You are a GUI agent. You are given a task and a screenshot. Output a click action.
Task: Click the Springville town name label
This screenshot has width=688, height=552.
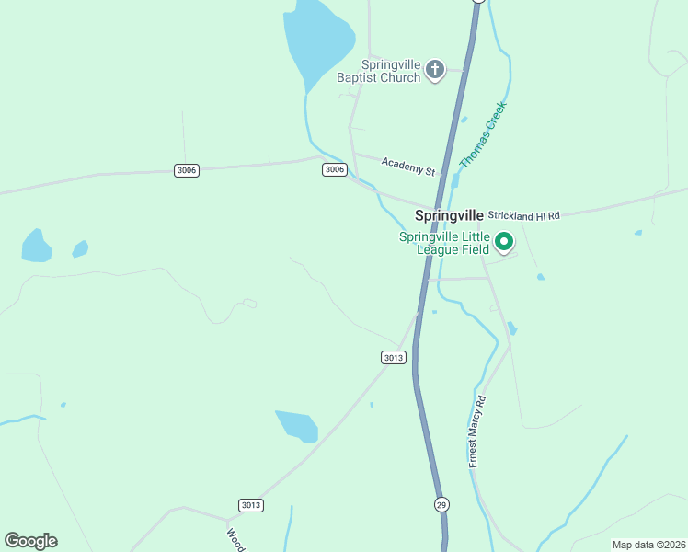tap(449, 215)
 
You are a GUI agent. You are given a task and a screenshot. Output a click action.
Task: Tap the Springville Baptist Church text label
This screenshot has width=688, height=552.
tap(391, 71)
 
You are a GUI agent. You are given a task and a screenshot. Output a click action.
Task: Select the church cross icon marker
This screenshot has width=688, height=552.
tap(435, 69)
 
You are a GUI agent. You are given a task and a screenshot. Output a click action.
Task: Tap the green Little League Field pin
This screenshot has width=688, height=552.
tap(504, 242)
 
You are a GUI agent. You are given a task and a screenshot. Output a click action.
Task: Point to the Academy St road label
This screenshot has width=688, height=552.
tap(408, 166)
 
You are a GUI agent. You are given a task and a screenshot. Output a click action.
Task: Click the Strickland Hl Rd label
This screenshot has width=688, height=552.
tap(523, 215)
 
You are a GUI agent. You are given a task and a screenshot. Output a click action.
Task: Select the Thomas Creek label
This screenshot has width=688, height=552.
tap(483, 134)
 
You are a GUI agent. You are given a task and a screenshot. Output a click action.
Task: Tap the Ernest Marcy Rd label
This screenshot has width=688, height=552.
tap(476, 432)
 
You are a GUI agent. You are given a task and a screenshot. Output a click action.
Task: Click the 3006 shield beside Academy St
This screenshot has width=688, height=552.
tap(335, 169)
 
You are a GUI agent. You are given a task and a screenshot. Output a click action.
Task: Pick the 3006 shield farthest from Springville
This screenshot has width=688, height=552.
tap(186, 170)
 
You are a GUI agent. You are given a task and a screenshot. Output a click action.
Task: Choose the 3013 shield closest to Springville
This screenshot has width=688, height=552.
tap(393, 357)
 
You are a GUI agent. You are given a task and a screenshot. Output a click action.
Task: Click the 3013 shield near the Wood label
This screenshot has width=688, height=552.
tap(251, 504)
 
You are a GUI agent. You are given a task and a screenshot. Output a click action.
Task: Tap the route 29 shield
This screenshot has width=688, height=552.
tap(441, 504)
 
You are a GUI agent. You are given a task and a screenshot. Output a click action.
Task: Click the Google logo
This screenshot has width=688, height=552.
tap(30, 541)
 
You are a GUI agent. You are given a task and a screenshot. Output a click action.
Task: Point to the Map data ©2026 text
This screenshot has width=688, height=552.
tap(648, 545)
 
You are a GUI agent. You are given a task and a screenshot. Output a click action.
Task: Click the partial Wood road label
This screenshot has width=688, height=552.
tap(236, 538)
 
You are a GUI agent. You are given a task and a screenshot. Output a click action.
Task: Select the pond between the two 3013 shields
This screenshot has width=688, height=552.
tap(296, 425)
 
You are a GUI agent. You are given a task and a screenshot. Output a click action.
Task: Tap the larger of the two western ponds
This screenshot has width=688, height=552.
tap(36, 246)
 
